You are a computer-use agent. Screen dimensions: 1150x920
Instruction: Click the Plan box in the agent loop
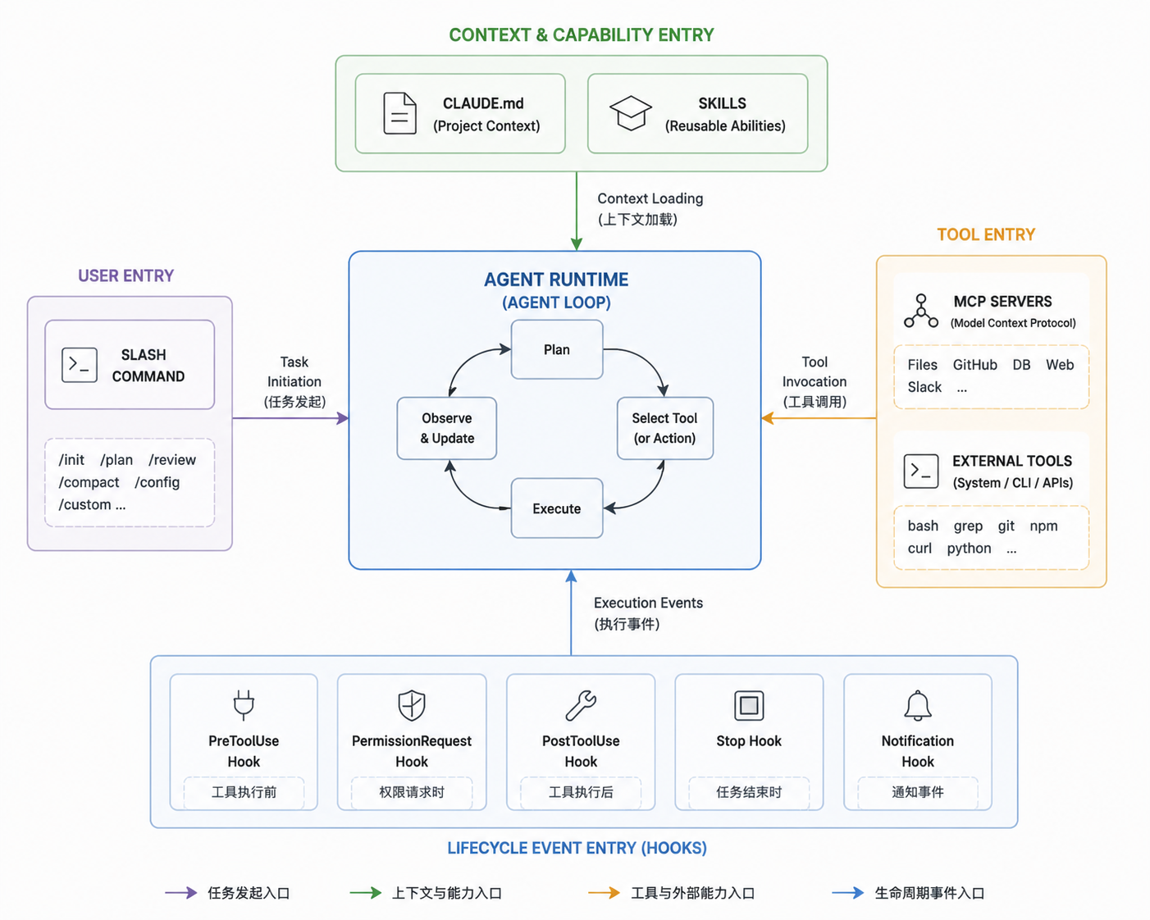click(x=557, y=349)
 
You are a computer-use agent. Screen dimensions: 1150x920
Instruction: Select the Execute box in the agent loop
click(x=557, y=508)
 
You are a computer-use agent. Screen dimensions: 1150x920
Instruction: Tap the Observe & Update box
click(x=447, y=428)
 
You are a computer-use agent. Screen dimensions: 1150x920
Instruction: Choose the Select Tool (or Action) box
click(x=664, y=428)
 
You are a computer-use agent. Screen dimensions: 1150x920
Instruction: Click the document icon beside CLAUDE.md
click(x=399, y=113)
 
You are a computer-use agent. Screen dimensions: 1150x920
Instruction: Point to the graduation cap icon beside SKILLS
click(x=631, y=113)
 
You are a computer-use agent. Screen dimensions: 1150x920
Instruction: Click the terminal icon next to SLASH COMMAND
click(x=80, y=365)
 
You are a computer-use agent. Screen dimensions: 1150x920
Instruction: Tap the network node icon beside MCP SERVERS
click(x=921, y=311)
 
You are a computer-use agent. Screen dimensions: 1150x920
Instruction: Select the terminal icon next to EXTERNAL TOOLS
click(x=921, y=471)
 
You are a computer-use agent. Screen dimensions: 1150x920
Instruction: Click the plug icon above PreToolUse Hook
click(x=244, y=704)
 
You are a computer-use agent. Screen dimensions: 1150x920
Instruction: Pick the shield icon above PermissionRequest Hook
click(x=412, y=705)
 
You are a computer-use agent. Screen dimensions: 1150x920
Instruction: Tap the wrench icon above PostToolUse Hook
click(x=581, y=705)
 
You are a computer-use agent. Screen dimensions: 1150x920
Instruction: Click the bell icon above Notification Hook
click(x=918, y=705)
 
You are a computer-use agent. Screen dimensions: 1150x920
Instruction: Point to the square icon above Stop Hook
click(x=749, y=705)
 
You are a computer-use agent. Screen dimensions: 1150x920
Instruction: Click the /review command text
click(x=172, y=460)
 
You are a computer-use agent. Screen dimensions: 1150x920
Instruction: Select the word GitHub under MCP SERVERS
click(x=974, y=365)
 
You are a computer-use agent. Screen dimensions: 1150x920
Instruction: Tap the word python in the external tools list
click(x=969, y=549)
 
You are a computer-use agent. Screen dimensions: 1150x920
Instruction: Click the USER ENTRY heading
click(x=126, y=276)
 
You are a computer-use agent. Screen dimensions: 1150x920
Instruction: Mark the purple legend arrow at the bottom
click(x=181, y=893)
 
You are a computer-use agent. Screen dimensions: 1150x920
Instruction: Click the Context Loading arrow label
click(x=650, y=209)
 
